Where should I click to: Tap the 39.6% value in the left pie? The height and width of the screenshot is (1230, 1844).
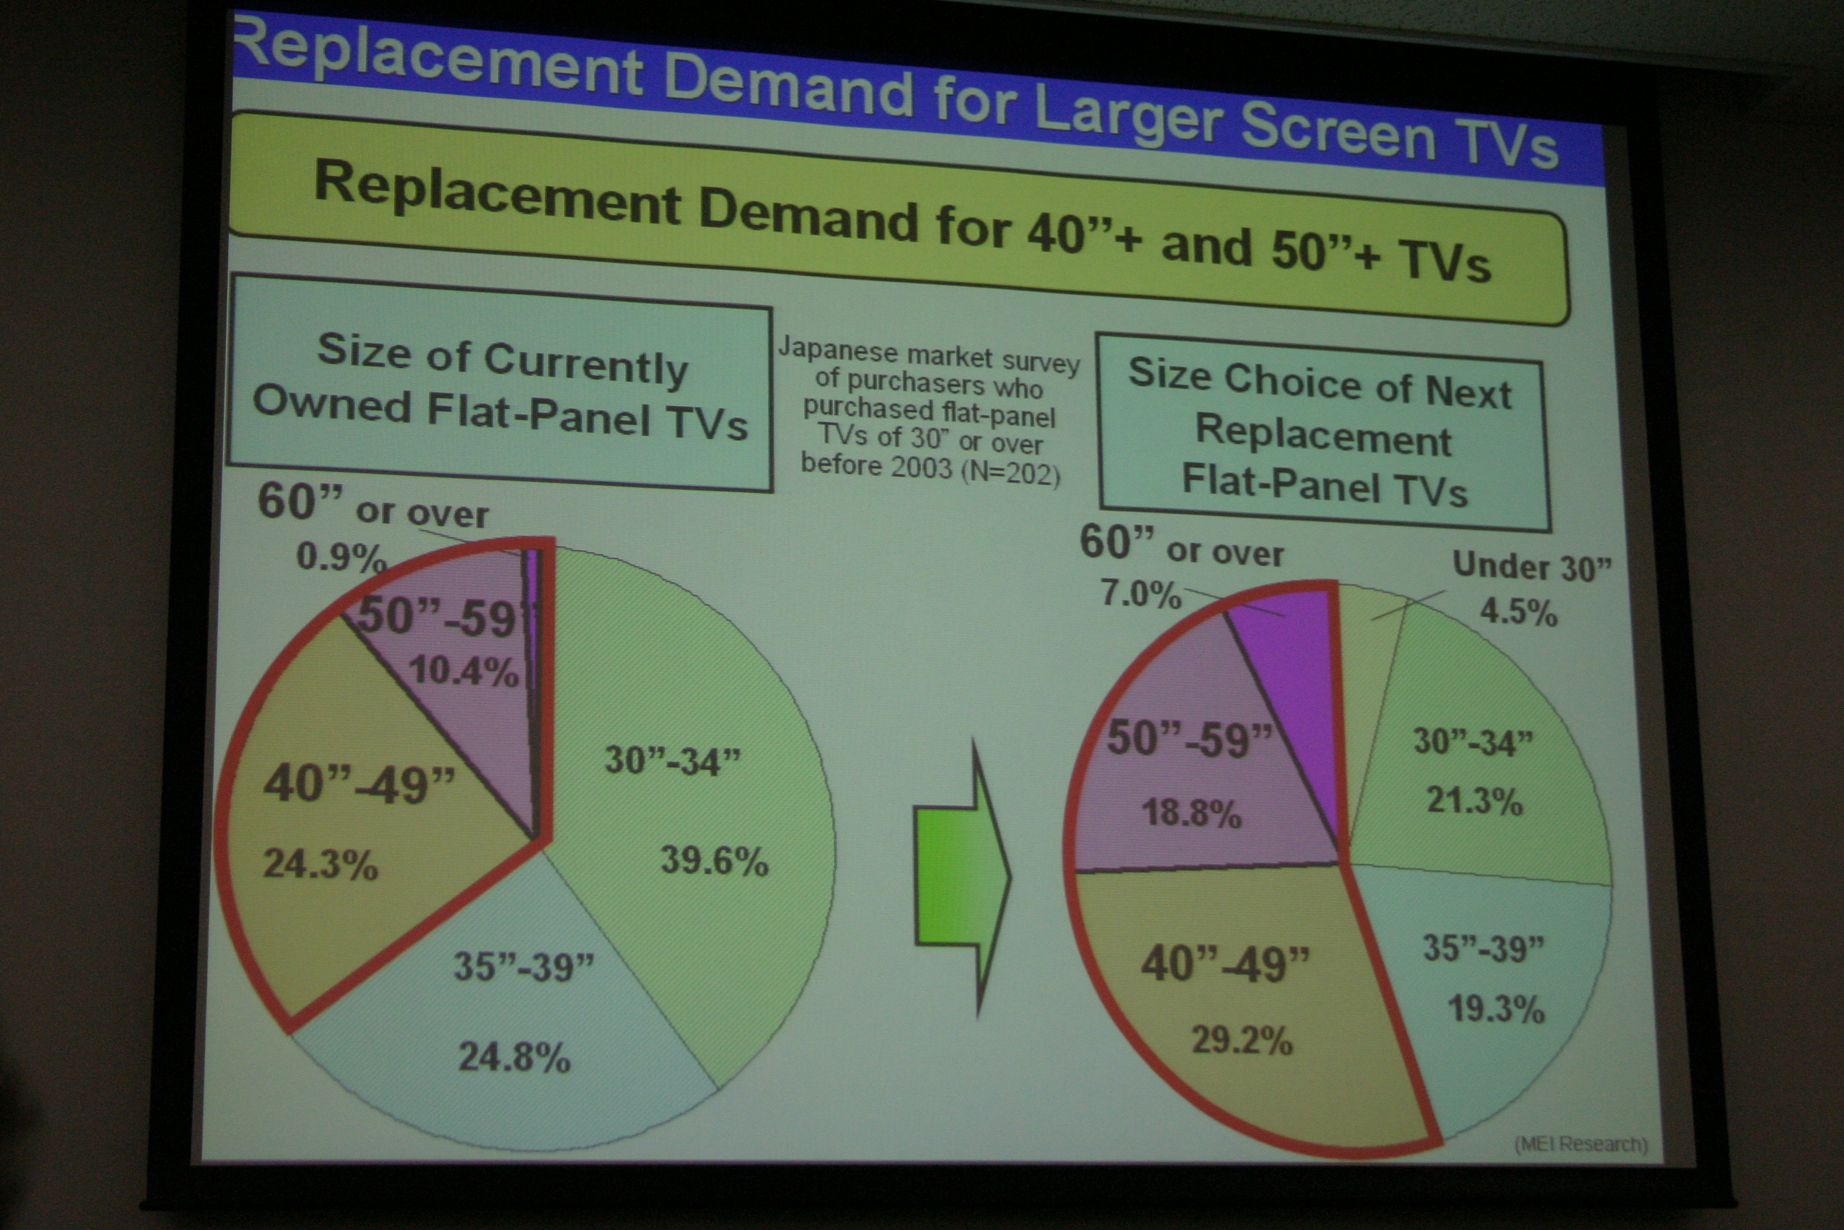714,861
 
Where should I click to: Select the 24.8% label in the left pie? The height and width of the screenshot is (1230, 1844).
514,1056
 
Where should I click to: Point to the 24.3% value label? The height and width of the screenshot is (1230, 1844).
320,864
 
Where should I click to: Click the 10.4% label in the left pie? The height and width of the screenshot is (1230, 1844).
463,671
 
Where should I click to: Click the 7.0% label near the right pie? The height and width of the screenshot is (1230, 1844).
1140,594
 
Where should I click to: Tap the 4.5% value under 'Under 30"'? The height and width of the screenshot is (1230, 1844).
1518,610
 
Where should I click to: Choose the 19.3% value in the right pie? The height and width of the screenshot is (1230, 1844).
1496,1009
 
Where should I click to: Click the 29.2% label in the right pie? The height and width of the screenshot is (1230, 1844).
1242,1040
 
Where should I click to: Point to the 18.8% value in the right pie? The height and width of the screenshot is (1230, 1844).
1192,812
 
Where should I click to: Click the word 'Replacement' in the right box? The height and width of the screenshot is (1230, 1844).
1324,436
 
